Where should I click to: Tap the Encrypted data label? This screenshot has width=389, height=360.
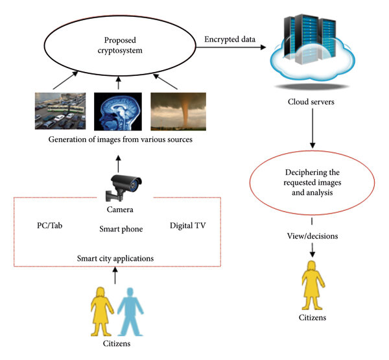[230, 39]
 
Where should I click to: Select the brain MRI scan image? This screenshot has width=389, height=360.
[118, 112]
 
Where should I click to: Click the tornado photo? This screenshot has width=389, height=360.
[178, 112]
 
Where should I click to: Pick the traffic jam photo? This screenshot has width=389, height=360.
[60, 111]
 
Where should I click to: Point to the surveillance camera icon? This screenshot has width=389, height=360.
[123, 187]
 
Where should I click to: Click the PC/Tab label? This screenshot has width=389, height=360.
[50, 226]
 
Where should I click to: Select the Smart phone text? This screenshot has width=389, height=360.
[121, 229]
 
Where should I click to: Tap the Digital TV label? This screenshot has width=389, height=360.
[188, 226]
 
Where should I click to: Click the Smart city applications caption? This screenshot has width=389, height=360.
[115, 258]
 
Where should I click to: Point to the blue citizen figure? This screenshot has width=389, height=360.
[130, 312]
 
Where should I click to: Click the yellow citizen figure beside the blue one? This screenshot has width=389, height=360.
[102, 312]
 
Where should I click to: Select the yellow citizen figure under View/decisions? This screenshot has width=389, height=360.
[312, 285]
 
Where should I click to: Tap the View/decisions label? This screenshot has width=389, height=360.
[312, 236]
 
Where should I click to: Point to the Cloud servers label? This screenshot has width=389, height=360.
[311, 102]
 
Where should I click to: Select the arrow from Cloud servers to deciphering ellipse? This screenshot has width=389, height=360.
[312, 128]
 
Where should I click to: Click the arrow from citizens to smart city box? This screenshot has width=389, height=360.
[115, 275]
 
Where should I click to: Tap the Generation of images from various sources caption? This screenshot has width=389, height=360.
[121, 139]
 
